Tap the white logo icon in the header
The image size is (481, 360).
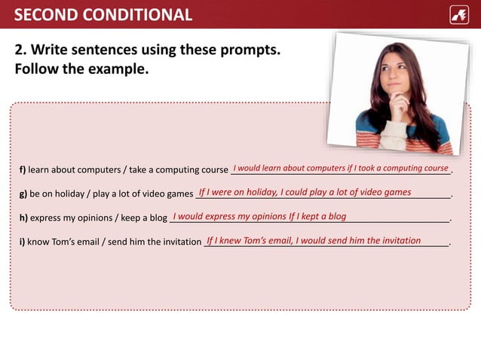[459, 14]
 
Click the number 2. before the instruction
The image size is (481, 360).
[21, 50]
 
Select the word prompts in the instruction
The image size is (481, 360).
[250, 50]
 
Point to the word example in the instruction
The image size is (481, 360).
[120, 69]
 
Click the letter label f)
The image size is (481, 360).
[23, 170]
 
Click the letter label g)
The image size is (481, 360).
[23, 194]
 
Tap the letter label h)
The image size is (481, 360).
[23, 218]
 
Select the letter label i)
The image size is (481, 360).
[22, 243]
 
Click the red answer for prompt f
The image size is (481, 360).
[341, 168]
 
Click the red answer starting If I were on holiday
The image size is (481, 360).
[305, 192]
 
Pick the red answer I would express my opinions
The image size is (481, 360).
[259, 216]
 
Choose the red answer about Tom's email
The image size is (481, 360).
[313, 240]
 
